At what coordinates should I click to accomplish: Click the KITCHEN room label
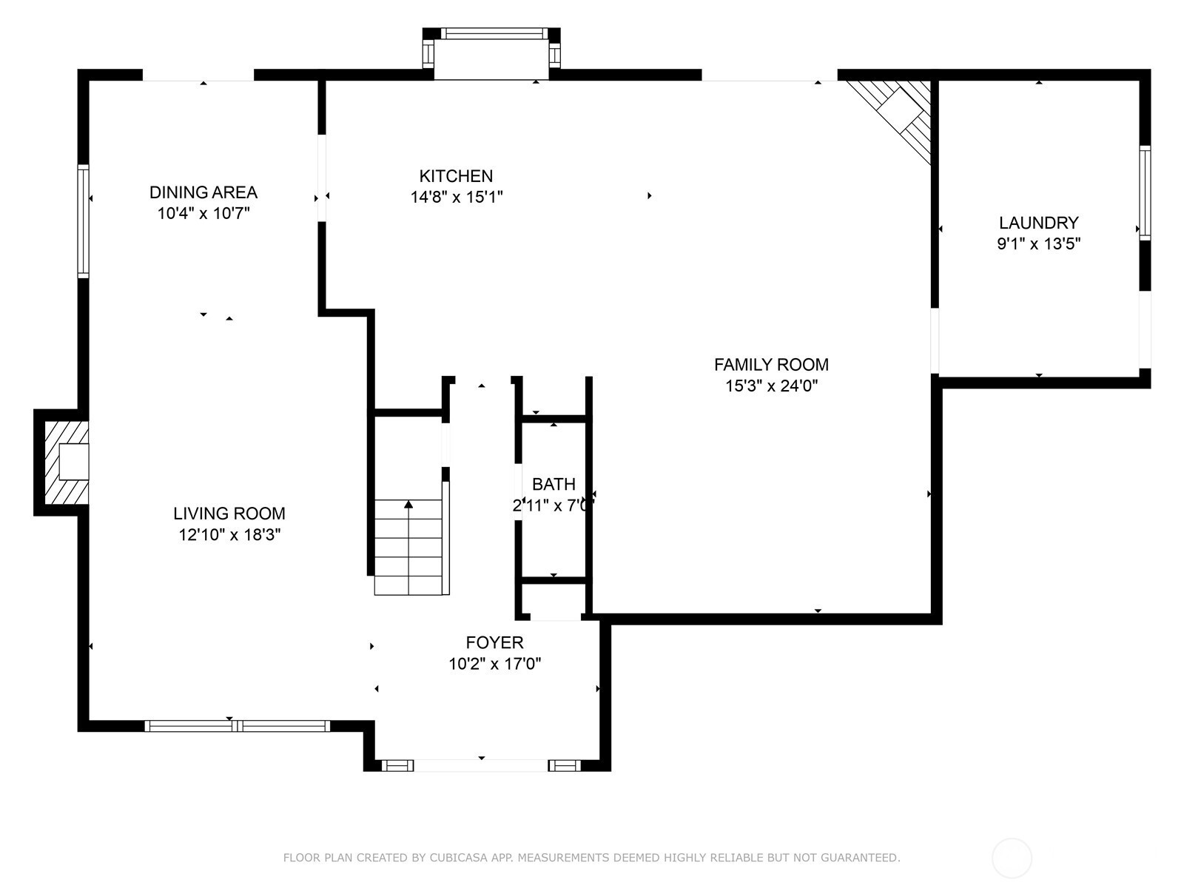pos(456,176)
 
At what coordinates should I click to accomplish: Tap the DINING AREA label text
pos(203,192)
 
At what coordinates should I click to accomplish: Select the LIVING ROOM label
pos(229,514)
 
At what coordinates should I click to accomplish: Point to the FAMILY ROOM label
pos(771,365)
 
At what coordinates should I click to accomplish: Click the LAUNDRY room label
pos(1038,222)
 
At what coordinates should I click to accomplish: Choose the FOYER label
pos(494,642)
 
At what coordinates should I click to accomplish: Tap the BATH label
pos(554,484)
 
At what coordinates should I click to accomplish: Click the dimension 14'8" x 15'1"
pos(457,197)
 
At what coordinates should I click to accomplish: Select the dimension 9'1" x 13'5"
pos(1038,243)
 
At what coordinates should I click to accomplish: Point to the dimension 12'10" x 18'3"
pos(230,535)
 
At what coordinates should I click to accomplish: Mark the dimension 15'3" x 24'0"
pos(771,386)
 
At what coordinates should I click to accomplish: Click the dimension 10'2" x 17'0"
pos(494,664)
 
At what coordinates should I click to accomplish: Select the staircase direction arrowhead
pos(408,504)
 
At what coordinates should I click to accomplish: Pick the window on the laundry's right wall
pos(1145,192)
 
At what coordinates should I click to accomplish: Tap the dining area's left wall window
pos(83,221)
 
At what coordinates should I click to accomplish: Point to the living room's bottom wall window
pos(238,726)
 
